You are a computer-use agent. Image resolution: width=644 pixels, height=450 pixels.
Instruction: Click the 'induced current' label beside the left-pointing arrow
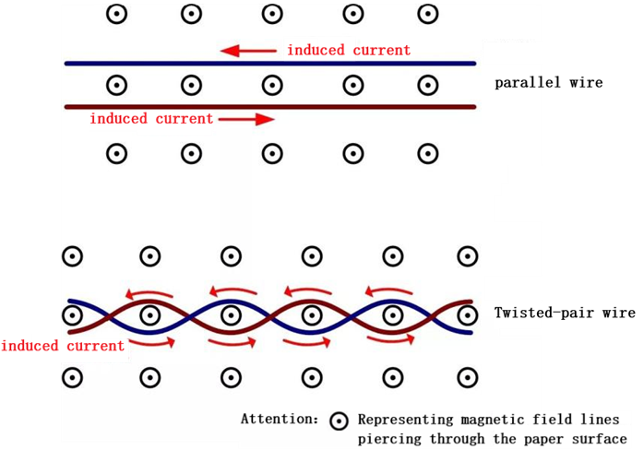(x=348, y=50)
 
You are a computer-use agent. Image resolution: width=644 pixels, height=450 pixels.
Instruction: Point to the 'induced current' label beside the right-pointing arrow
(x=150, y=119)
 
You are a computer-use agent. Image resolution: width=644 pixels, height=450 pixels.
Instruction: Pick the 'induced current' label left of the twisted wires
(x=63, y=347)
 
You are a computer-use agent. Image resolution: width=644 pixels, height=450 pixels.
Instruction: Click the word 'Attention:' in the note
(x=278, y=420)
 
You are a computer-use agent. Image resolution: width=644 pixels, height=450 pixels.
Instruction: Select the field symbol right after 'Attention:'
(x=340, y=421)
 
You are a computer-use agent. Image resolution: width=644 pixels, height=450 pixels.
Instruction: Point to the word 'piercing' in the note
(x=389, y=439)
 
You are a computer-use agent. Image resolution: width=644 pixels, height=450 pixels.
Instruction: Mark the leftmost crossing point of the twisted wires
(x=111, y=315)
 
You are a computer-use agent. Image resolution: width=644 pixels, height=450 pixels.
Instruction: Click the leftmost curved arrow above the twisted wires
(x=149, y=294)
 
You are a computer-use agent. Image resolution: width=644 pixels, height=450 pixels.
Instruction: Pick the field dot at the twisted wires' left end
(x=72, y=315)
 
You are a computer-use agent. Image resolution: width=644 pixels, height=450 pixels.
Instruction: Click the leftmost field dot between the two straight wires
(x=116, y=86)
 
